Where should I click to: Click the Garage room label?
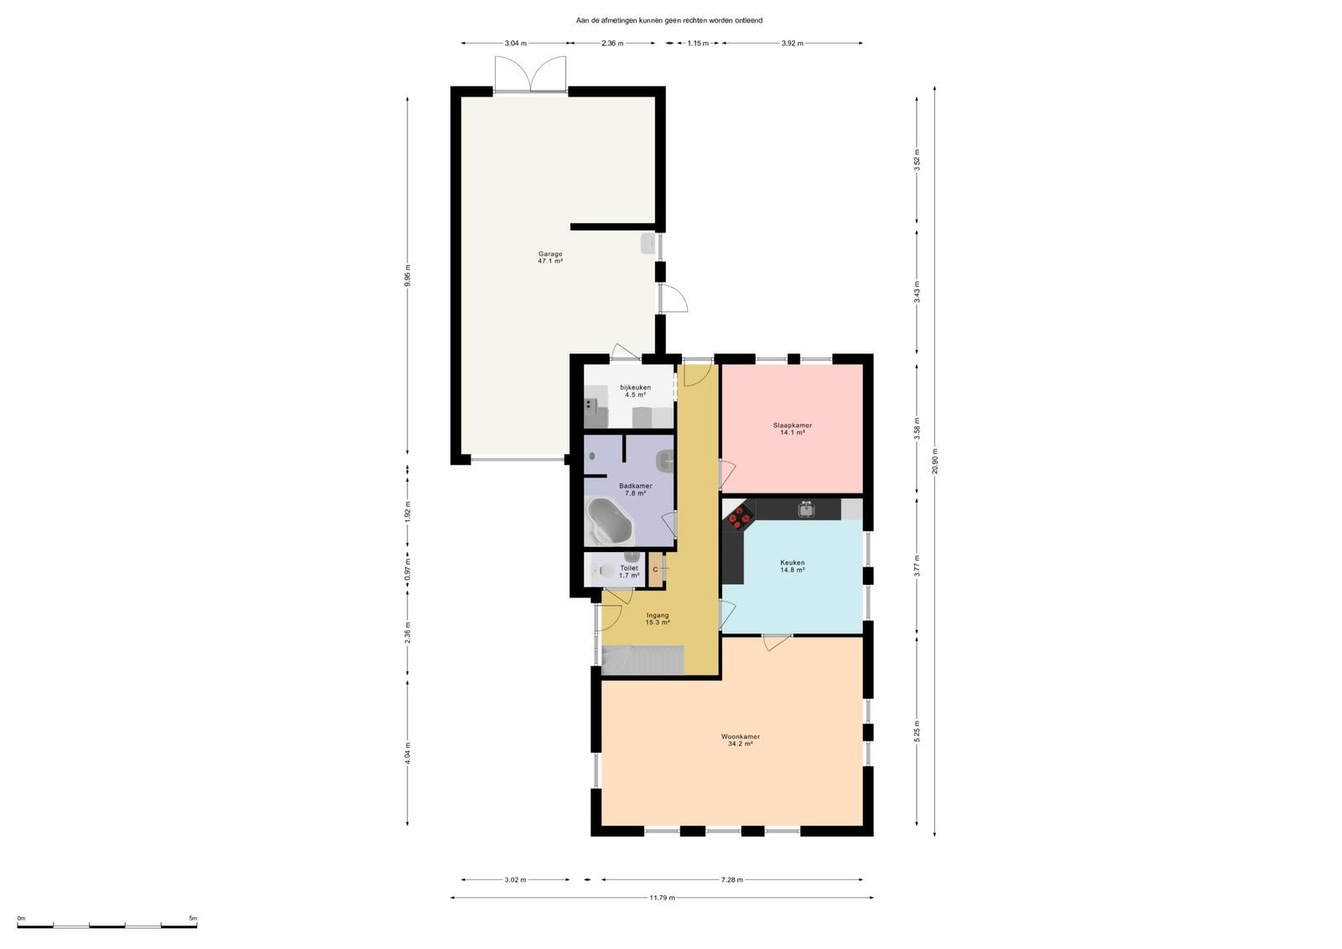coord(550,254)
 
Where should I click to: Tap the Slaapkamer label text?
coord(792,425)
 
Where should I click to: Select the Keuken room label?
coord(792,563)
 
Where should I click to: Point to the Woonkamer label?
coord(741,737)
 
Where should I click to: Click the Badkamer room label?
coord(636,486)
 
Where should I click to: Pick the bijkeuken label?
coord(635,388)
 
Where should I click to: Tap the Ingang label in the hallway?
coord(658,615)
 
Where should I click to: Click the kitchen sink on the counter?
coord(806,509)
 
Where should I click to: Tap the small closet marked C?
coord(655,570)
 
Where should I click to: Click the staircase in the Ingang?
coord(642,660)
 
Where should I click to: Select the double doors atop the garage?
coord(530,75)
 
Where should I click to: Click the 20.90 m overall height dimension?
coord(934,461)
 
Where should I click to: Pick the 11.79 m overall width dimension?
coord(662,898)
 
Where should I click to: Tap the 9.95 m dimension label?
coord(408,276)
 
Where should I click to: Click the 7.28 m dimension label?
coord(732,879)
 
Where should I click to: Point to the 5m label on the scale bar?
coord(193,918)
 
